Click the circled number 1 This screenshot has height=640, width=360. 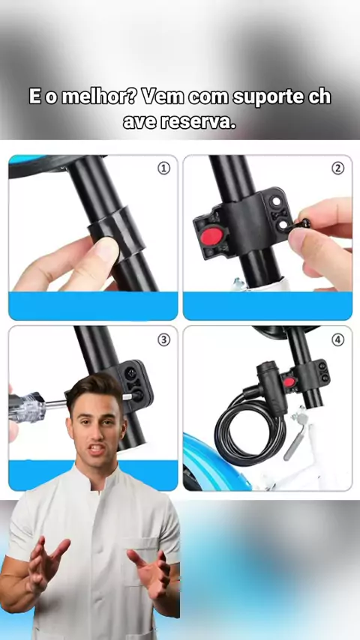[x=163, y=169]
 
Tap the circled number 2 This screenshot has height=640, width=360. [x=337, y=169]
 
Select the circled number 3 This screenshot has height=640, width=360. [x=163, y=339]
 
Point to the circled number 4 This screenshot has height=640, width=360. [x=337, y=339]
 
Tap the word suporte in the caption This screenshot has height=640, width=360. [x=268, y=98]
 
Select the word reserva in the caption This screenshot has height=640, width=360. [x=199, y=121]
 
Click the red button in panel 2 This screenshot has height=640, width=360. [x=211, y=237]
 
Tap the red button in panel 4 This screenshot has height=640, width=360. [x=289, y=382]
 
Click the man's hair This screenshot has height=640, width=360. [x=94, y=390]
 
